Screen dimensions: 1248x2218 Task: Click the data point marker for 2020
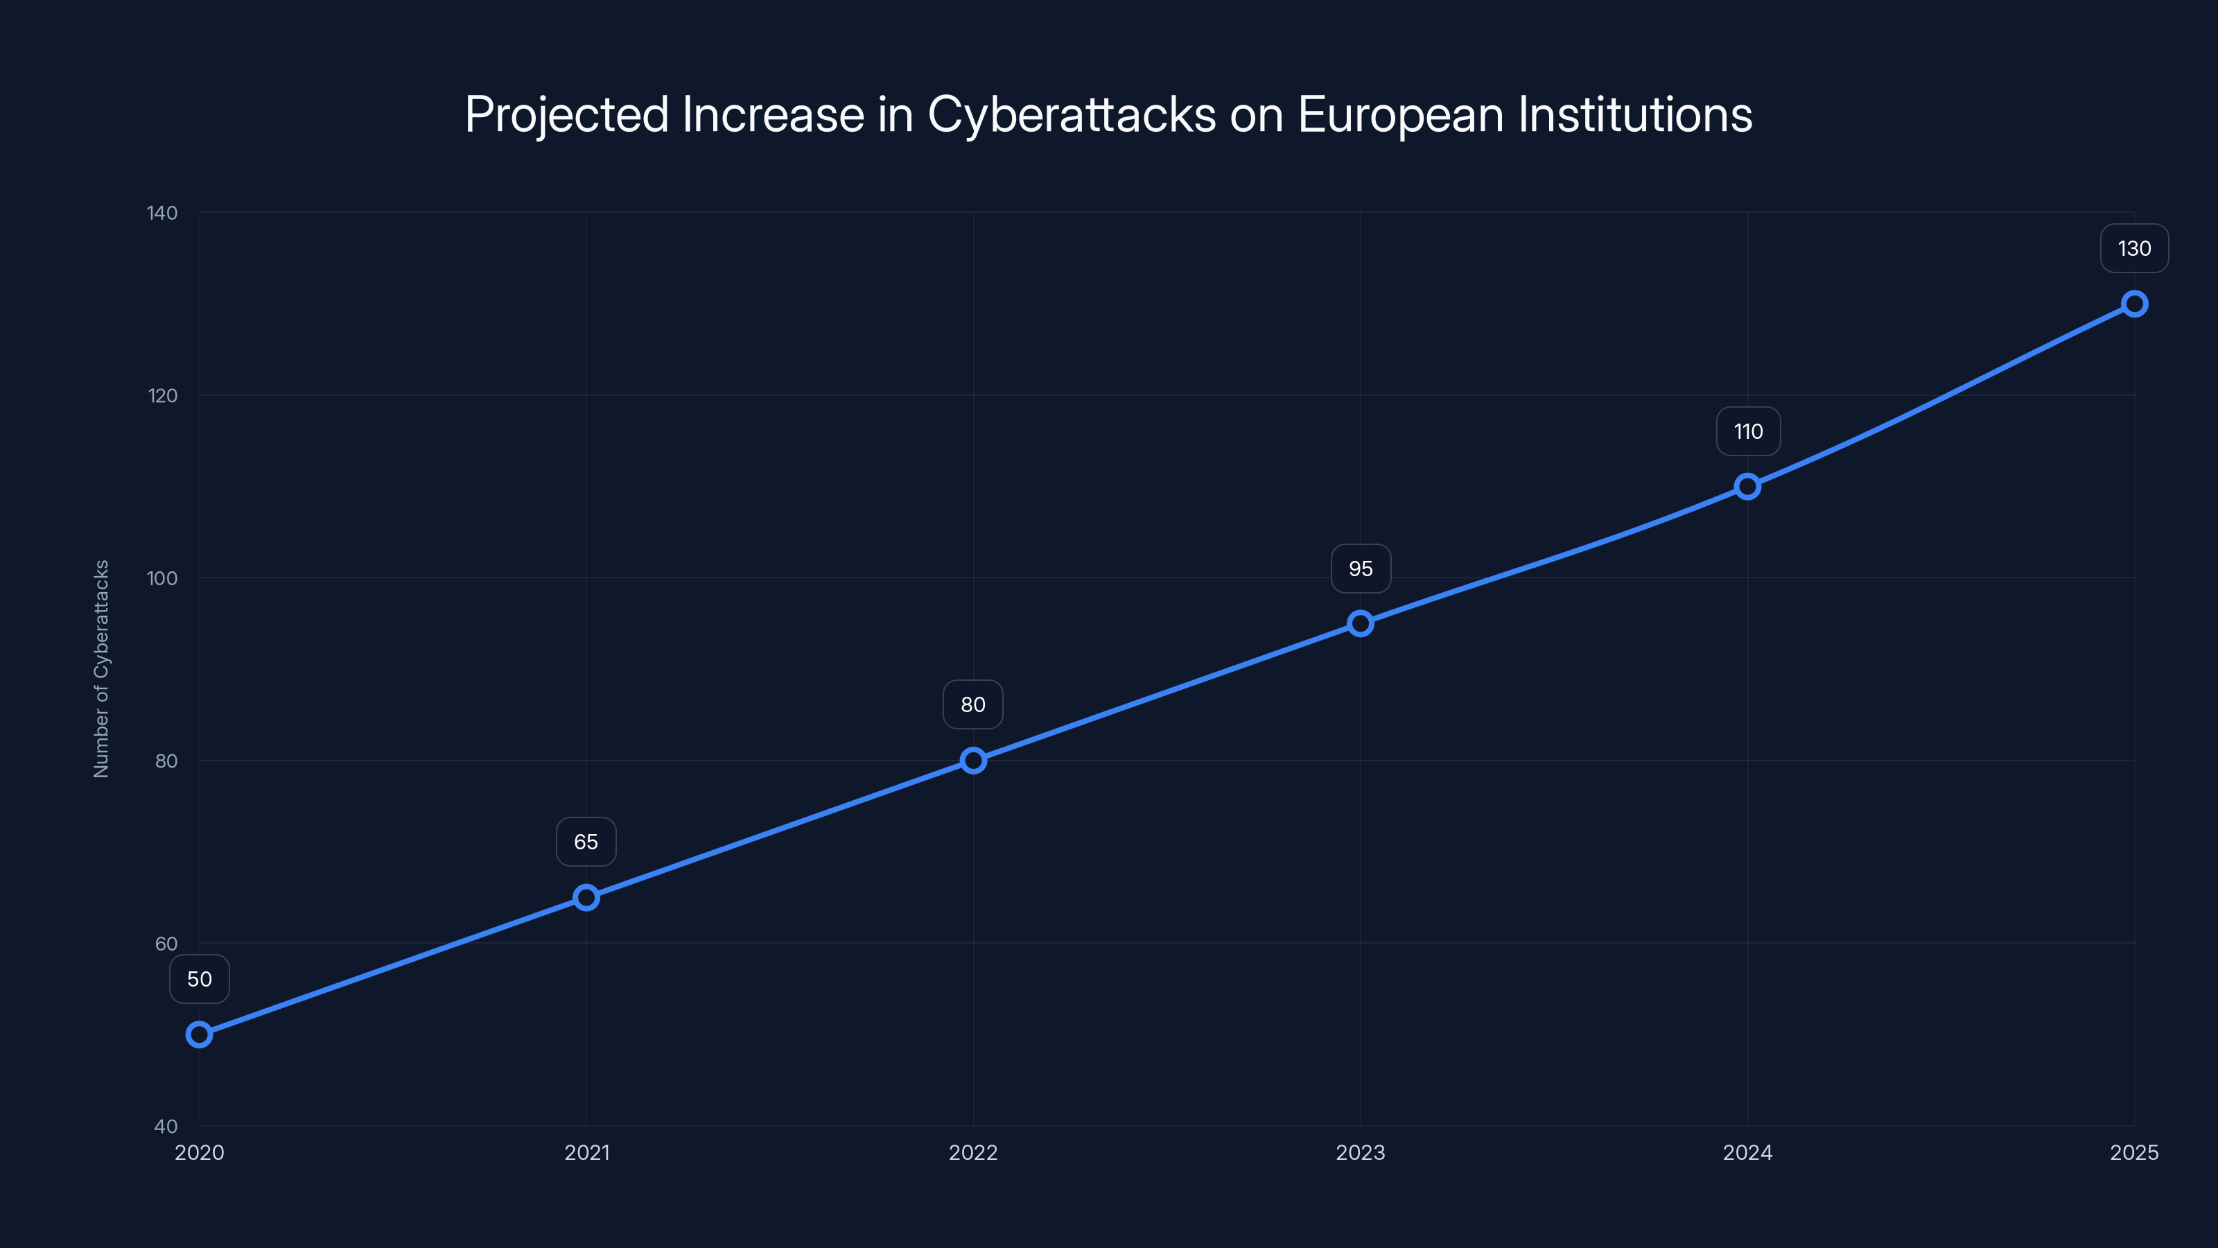pyautogui.click(x=199, y=1034)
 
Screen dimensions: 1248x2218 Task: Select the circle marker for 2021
pyautogui.click(x=586, y=897)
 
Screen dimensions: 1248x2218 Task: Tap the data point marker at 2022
pyautogui.click(x=973, y=761)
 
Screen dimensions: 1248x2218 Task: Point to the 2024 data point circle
pyautogui.click(x=1747, y=487)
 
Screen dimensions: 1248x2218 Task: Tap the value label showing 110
pyautogui.click(x=1748, y=431)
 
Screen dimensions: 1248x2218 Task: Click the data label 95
pyautogui.click(x=1361, y=569)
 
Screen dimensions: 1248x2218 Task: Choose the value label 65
pyautogui.click(x=586, y=842)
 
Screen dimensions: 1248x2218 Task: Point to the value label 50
pyautogui.click(x=199, y=979)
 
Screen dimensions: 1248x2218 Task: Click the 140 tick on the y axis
pyautogui.click(x=162, y=213)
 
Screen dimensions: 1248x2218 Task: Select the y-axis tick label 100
pyautogui.click(x=162, y=578)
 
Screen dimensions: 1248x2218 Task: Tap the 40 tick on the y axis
pyautogui.click(x=166, y=1126)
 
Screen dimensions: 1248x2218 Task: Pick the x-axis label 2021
pyautogui.click(x=586, y=1152)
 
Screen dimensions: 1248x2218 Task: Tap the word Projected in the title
pyautogui.click(x=566, y=114)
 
